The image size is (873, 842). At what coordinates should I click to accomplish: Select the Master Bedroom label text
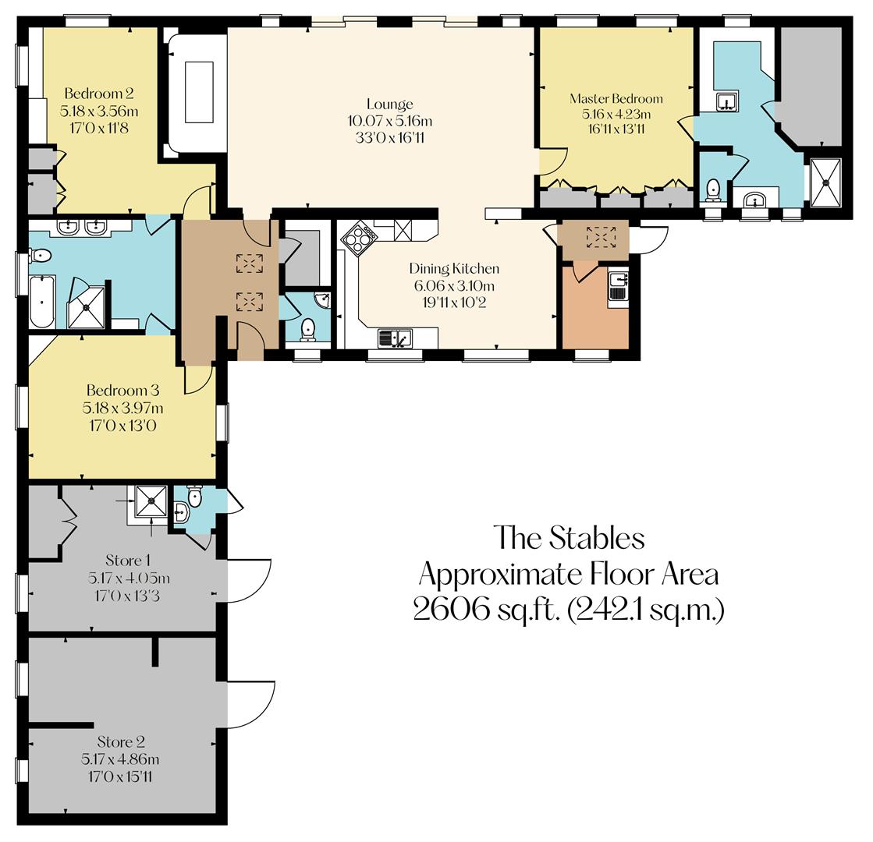(x=616, y=99)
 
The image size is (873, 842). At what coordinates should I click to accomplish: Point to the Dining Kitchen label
(x=454, y=269)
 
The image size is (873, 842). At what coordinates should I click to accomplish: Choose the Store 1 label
(x=128, y=561)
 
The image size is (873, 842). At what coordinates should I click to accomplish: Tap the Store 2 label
(x=121, y=742)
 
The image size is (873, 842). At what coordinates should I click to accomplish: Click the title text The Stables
(x=570, y=538)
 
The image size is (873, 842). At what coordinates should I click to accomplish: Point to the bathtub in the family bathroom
(x=42, y=302)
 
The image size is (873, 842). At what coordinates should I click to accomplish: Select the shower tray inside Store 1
(x=150, y=501)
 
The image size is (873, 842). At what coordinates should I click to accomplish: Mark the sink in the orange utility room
(x=618, y=288)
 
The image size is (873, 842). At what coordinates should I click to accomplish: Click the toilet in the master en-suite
(x=712, y=189)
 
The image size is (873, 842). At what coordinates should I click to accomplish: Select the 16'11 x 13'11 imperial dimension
(x=616, y=129)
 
